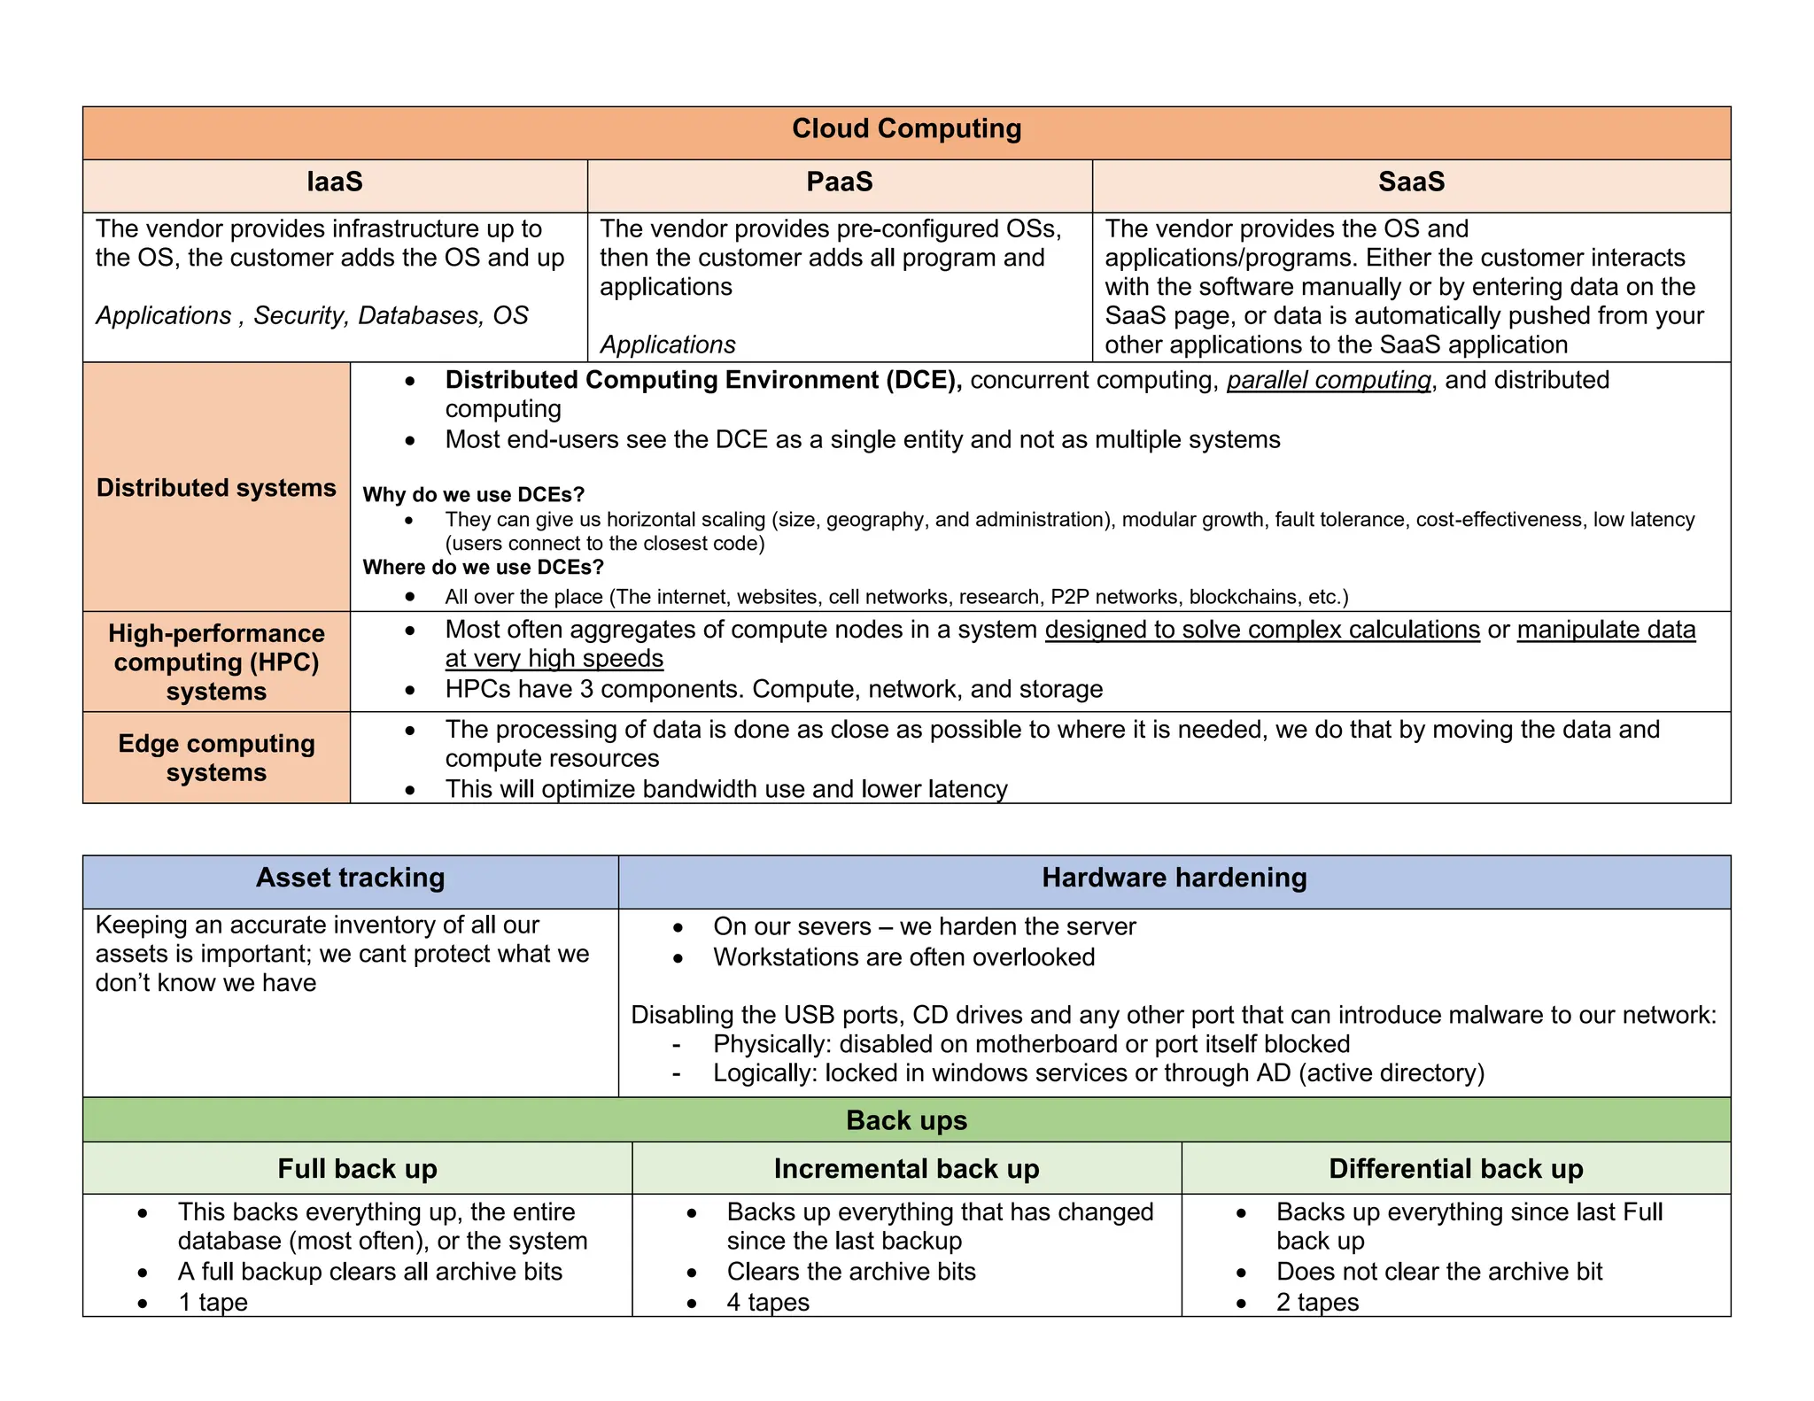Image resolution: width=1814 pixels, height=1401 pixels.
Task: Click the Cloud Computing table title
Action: click(x=906, y=129)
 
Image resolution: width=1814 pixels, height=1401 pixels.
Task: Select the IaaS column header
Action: click(x=335, y=182)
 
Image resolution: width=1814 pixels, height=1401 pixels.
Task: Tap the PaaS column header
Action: click(x=839, y=182)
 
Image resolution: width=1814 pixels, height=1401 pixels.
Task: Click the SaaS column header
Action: click(x=1411, y=182)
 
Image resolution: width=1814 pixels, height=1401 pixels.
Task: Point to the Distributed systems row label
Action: click(x=216, y=488)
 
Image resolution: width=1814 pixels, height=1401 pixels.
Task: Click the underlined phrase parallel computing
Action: click(x=1328, y=381)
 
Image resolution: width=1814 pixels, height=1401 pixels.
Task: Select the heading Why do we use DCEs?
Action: click(x=473, y=494)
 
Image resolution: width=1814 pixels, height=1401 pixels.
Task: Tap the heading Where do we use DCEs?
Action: click(x=483, y=567)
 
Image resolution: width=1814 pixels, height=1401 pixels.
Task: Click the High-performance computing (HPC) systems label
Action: click(x=216, y=662)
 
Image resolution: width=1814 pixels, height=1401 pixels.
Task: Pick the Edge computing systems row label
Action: click(x=216, y=758)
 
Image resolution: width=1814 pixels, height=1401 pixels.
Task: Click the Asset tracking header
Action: click(x=350, y=879)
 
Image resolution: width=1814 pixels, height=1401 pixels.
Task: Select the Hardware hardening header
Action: click(x=1174, y=879)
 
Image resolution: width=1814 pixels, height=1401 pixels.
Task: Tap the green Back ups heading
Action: click(x=906, y=1121)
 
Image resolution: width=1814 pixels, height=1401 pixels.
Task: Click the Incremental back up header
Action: click(x=906, y=1169)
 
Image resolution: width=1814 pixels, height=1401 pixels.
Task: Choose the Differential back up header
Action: click(x=1455, y=1169)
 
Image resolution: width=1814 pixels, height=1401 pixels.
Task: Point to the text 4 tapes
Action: click(x=768, y=1303)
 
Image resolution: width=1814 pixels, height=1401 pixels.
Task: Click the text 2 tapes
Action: click(x=1317, y=1303)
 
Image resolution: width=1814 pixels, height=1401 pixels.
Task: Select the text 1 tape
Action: click(x=213, y=1303)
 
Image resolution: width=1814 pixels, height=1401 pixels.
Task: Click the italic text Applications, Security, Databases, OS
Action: click(x=312, y=316)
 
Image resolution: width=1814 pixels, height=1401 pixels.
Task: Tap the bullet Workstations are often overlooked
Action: click(x=903, y=957)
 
